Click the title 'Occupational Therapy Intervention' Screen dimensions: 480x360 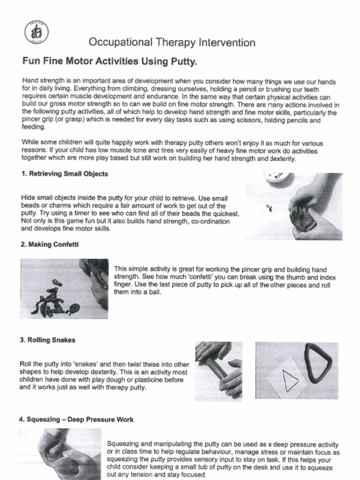[x=172, y=43]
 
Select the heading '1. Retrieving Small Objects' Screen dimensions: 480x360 [x=65, y=173]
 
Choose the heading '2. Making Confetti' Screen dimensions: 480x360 [x=49, y=244]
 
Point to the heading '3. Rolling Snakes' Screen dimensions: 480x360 [x=47, y=340]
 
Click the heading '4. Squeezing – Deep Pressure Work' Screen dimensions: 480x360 [x=76, y=420]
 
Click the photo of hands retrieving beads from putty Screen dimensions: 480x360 [x=294, y=206]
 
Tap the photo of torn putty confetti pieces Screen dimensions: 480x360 [x=64, y=288]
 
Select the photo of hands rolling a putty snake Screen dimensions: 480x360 [x=218, y=371]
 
